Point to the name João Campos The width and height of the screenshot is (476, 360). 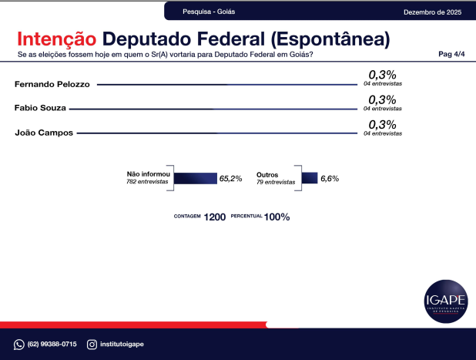point(44,133)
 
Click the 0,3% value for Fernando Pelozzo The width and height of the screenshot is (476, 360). point(382,74)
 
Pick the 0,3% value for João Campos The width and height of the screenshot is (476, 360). point(382,124)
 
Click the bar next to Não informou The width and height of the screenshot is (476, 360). point(196,178)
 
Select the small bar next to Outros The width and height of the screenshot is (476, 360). point(310,178)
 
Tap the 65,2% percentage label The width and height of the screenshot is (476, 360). point(231,178)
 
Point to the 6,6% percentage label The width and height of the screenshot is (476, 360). point(330,178)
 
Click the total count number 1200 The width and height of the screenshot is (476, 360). point(215,217)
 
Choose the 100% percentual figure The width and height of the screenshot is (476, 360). point(277,217)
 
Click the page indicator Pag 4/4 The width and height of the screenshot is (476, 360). point(451,55)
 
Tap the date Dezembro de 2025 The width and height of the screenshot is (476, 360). point(432,12)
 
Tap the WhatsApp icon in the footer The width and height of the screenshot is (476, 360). point(19,344)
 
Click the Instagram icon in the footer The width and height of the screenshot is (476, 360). point(92,344)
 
